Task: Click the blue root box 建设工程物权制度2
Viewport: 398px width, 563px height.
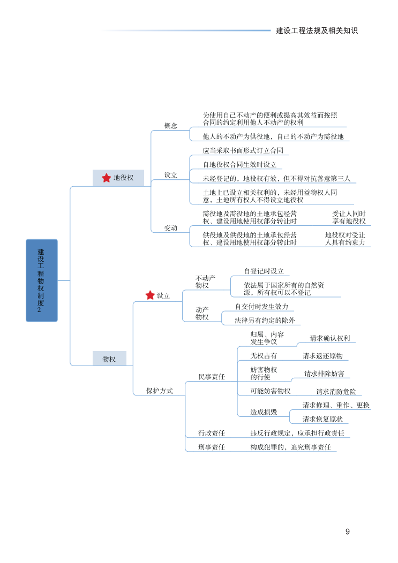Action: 41,280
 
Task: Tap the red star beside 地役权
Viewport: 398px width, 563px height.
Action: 106,178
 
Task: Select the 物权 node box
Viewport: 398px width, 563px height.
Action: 109,359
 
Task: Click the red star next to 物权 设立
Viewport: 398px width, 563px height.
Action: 150,295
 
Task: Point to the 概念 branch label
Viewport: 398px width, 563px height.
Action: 170,126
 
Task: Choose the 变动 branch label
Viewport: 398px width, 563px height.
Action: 170,228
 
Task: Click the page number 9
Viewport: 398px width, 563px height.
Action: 348,531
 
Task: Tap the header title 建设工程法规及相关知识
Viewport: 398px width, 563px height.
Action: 317,31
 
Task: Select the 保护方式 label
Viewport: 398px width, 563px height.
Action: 160,391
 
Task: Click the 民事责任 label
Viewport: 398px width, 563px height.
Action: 212,377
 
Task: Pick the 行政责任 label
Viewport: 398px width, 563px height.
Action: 212,433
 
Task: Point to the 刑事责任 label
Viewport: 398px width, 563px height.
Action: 212,447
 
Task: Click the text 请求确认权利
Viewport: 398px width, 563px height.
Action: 330,338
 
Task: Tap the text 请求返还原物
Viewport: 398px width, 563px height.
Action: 322,355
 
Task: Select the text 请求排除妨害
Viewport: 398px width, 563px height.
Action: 324,373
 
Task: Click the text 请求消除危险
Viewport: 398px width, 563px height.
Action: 336,391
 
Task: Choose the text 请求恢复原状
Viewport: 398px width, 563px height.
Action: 322,419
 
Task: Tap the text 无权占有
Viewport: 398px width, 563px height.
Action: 264,355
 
